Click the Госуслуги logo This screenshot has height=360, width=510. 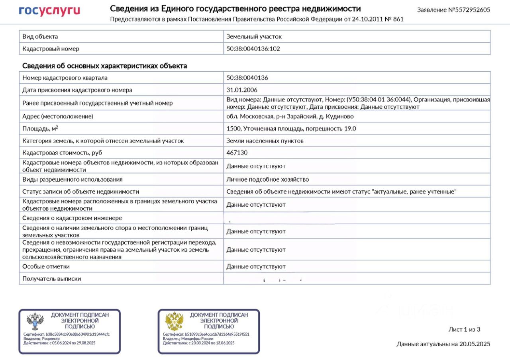point(49,10)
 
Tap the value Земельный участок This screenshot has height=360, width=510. point(254,36)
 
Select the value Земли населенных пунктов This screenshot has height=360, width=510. point(265,141)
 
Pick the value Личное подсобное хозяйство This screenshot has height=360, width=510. point(268,179)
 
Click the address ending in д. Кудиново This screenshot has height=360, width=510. point(290,116)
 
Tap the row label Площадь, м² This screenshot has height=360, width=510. point(40,128)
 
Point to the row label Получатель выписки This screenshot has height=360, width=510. point(51,279)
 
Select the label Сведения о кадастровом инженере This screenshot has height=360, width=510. point(72,218)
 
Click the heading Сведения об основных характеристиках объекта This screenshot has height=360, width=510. point(104,66)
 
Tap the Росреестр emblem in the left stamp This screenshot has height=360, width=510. point(35,321)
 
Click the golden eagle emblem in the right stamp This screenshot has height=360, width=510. point(174,321)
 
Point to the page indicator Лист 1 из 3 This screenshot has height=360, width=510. point(464,329)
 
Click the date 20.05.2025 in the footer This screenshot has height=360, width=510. point(475,344)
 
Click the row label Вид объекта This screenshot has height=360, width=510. point(40,36)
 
